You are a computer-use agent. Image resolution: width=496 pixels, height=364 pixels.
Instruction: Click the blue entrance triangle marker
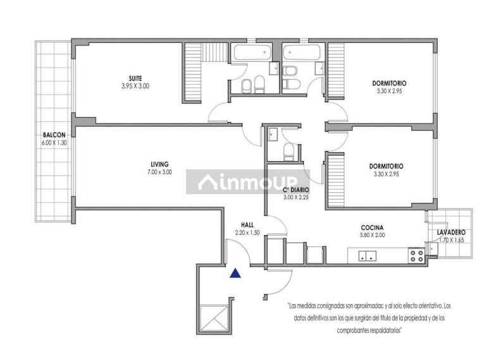[x=235, y=273]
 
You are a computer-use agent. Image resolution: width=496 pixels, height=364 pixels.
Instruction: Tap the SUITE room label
[x=135, y=78]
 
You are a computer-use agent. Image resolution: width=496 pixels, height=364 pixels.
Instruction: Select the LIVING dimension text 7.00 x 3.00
[x=159, y=172]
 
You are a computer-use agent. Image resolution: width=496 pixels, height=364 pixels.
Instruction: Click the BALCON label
[x=54, y=135]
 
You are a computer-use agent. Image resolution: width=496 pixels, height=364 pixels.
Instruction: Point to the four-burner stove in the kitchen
[x=416, y=255]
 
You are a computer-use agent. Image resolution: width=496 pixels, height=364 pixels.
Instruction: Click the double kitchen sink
[x=367, y=255]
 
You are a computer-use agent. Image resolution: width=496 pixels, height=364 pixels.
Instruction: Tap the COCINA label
[x=372, y=227]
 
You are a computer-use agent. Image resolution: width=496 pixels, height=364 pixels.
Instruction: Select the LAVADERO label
[x=451, y=233]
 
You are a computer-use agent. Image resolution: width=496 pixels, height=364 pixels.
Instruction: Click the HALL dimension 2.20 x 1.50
[x=247, y=233]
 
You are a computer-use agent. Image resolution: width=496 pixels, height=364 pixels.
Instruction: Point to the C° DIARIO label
[x=296, y=190]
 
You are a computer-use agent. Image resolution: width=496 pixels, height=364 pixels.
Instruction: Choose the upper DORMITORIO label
[x=389, y=83]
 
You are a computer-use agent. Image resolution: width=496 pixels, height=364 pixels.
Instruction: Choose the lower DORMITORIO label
[x=386, y=166]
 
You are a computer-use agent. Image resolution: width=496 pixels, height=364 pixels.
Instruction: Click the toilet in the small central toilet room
[x=288, y=152]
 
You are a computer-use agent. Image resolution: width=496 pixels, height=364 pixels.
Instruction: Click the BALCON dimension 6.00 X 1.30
[x=54, y=143]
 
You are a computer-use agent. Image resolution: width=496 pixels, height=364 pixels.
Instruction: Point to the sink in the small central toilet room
[x=273, y=135]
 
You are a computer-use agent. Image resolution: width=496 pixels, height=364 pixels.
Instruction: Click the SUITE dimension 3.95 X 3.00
[x=135, y=86]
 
